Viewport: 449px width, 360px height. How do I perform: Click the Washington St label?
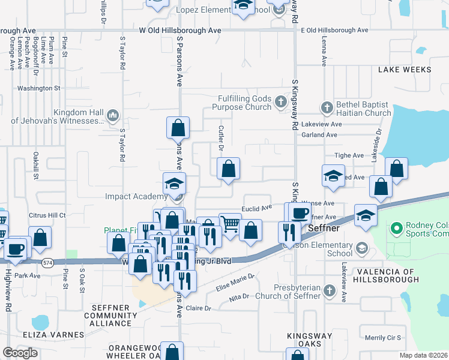pos(39,88)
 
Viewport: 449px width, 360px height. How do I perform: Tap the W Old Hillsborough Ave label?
pos(180,30)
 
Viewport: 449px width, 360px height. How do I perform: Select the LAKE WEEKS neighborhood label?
pos(405,70)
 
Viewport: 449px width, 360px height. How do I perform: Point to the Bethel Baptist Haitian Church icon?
pos(327,108)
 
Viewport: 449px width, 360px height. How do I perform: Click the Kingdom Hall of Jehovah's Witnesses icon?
pos(112,115)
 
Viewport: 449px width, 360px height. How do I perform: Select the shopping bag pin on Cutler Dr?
pos(228,169)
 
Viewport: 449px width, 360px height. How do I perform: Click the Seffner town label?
pos(325,229)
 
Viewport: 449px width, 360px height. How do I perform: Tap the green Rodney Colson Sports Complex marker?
pos(396,229)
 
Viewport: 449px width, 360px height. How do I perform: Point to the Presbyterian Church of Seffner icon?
pos(329,291)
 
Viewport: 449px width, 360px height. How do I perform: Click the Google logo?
pos(20,353)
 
